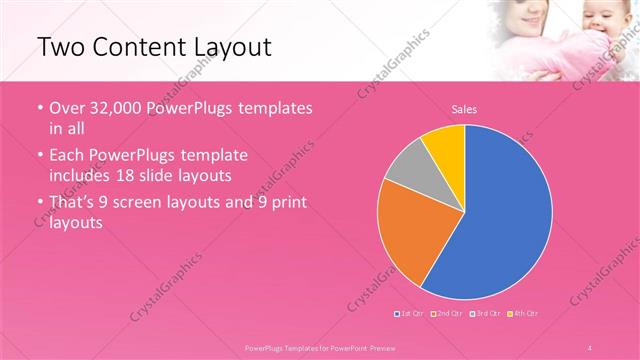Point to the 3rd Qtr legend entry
tap(486, 314)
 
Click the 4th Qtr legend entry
tap(525, 314)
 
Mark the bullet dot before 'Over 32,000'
tap(39, 108)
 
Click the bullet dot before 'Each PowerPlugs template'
tap(39, 157)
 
